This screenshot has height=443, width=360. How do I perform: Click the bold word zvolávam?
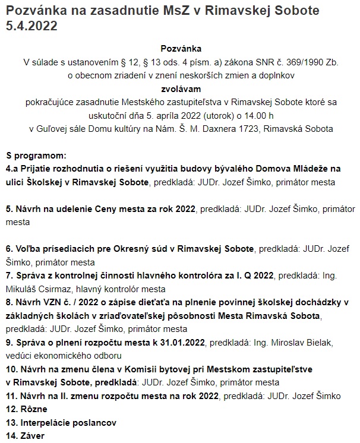coord(181,88)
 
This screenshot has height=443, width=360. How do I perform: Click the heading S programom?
coord(36,156)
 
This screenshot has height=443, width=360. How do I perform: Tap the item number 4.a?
coord(13,169)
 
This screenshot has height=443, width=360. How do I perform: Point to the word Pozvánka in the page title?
coord(36,11)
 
